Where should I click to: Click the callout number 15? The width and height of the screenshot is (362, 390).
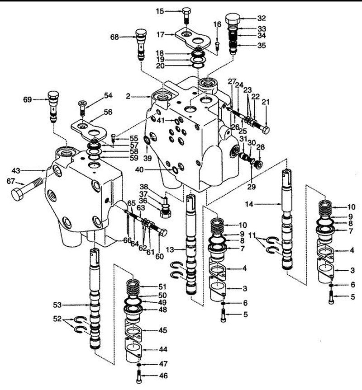(160, 11)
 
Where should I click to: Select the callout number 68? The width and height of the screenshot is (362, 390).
(114, 38)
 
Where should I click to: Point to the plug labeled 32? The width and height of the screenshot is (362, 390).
(233, 19)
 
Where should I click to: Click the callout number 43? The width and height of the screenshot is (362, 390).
(16, 171)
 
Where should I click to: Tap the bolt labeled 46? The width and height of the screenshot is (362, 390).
(139, 376)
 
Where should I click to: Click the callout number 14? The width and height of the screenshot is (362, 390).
(249, 204)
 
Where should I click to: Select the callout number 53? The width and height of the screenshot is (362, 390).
(57, 305)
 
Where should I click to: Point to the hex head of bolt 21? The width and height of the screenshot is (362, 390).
(266, 130)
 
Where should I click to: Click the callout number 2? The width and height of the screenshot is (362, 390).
(128, 96)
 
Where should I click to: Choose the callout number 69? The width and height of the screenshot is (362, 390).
(28, 100)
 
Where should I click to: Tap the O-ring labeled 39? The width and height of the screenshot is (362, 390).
(147, 141)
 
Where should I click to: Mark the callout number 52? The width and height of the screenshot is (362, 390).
(57, 319)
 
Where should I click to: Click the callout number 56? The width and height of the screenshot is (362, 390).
(108, 112)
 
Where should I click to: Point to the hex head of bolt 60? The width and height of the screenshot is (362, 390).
(163, 233)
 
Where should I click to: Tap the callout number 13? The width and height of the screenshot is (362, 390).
(170, 249)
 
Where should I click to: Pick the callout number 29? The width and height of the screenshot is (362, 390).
(252, 187)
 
